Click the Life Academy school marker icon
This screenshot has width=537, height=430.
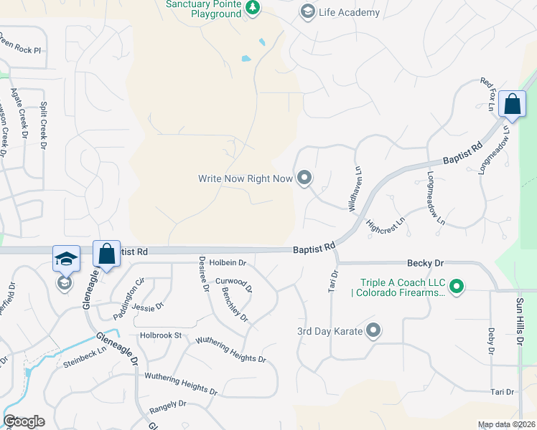(x=308, y=11)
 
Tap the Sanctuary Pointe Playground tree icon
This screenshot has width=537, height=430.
(x=252, y=8)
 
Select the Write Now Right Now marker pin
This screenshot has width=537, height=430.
(x=304, y=177)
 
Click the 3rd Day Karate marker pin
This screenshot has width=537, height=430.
(x=373, y=330)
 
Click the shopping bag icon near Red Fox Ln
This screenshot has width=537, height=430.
(x=513, y=105)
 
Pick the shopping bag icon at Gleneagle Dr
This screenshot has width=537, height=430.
(x=106, y=254)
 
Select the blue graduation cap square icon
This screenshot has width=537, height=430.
(x=66, y=258)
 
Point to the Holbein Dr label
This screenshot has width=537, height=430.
(x=228, y=263)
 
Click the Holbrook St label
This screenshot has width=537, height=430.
(x=161, y=335)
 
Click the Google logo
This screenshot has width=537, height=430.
(x=24, y=421)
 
